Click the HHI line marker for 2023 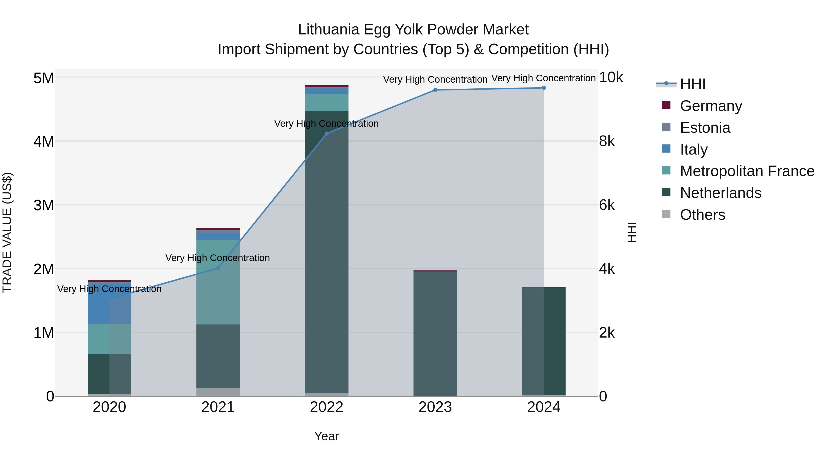point(435,90)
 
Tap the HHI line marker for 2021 point(218,268)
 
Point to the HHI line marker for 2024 point(544,88)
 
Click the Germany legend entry point(711,106)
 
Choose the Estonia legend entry point(705,128)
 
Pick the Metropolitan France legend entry point(747,171)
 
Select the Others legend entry point(702,215)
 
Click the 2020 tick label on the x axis point(110,407)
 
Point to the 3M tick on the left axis point(44,205)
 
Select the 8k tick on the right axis point(607,141)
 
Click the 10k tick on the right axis point(611,77)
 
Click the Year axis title point(326,436)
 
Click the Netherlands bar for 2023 point(435,334)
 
